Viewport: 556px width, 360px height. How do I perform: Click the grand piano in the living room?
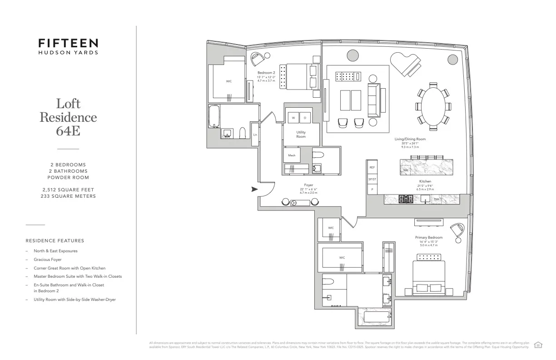[406, 65]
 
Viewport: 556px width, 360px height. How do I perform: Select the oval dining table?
[432, 106]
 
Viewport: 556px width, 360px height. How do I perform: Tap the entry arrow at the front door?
[254, 189]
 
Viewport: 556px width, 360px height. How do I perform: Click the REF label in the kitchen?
[372, 167]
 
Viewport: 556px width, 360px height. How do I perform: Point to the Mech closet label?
[291, 155]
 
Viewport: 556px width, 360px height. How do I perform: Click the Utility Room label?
[301, 134]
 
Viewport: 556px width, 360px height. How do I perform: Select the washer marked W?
[293, 118]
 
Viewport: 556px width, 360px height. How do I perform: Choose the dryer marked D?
[305, 118]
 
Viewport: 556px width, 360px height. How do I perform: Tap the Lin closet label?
[255, 135]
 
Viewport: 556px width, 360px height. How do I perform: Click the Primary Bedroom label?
[428, 237]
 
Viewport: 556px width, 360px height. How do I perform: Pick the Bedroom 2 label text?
[266, 73]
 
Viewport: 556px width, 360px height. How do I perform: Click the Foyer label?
[308, 185]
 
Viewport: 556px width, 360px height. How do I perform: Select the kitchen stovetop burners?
[405, 199]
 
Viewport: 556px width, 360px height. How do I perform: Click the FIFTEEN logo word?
[68, 43]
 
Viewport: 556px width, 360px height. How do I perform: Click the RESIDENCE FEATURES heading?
[55, 240]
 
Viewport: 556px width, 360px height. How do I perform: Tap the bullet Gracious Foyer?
[47, 260]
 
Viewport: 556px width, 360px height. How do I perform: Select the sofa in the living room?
[376, 100]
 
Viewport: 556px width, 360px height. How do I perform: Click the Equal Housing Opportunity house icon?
[538, 345]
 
